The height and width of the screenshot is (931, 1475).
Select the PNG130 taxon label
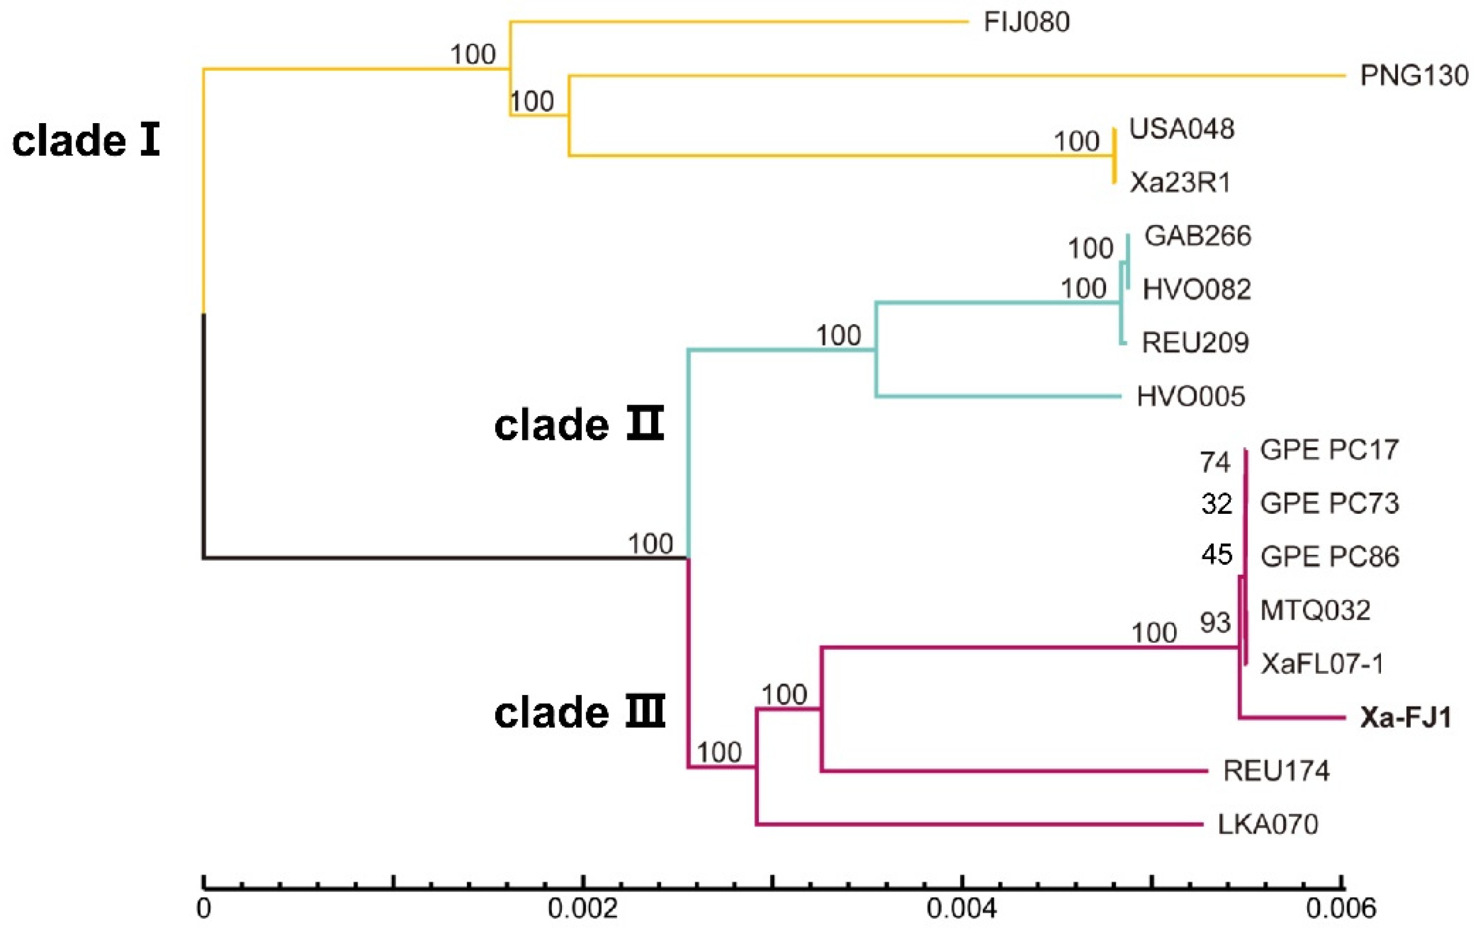[x=1414, y=76]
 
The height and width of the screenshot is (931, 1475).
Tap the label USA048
[x=1181, y=129]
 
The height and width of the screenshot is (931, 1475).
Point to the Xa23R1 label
[x=1180, y=182]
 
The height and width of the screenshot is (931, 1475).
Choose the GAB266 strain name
[x=1197, y=236]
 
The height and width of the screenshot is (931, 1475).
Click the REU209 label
[x=1195, y=343]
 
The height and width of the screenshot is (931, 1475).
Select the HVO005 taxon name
[x=1191, y=397]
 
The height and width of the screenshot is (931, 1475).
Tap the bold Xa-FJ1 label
[x=1406, y=717]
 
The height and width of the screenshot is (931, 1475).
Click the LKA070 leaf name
[x=1268, y=824]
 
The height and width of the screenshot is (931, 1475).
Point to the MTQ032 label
[x=1315, y=610]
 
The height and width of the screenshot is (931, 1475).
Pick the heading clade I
[x=86, y=141]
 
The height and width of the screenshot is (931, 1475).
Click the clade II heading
[x=579, y=425]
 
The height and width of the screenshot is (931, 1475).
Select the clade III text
[x=580, y=713]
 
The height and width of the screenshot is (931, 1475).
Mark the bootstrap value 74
[x=1215, y=462]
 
